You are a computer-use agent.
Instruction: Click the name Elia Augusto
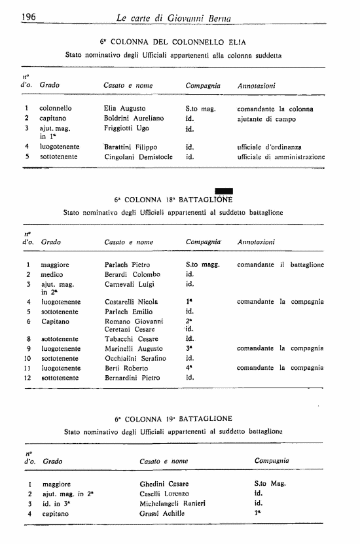[124, 108]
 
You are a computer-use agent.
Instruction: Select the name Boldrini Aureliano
[134, 118]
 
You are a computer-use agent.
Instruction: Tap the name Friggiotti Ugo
[126, 128]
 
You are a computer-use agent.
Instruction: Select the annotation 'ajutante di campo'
[266, 118]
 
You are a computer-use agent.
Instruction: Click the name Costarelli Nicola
[131, 302]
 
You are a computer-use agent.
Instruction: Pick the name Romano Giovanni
[134, 321]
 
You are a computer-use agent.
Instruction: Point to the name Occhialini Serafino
[135, 359]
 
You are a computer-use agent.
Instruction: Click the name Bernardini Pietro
[132, 378]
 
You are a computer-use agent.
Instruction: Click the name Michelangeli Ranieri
[173, 503]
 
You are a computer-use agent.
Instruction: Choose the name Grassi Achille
[162, 513]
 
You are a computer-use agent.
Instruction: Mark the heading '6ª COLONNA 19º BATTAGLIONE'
[173, 418]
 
